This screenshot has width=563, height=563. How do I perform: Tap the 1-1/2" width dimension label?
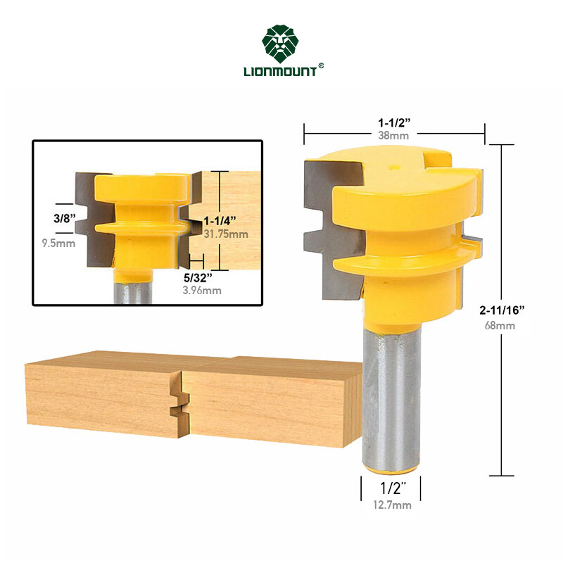(x=394, y=122)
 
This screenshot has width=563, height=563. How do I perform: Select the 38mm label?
(x=394, y=135)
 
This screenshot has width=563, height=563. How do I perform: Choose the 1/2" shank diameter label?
(x=391, y=487)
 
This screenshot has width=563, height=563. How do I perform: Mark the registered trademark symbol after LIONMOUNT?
(x=321, y=66)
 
